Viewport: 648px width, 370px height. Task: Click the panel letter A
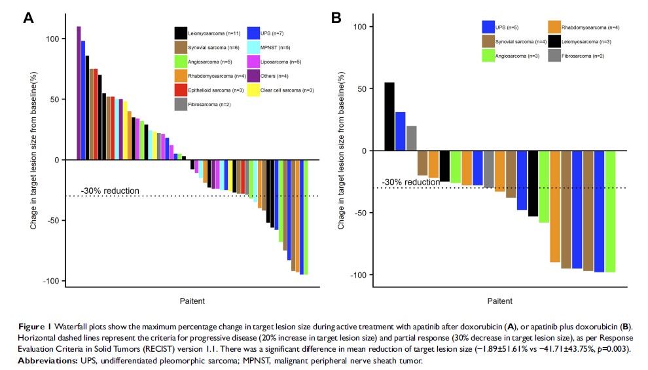point(28,18)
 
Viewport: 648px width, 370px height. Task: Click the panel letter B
point(336,18)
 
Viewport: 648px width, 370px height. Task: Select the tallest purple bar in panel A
point(79,93)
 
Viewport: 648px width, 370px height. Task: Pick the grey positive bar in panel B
point(412,138)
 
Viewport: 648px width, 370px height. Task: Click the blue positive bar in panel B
point(401,131)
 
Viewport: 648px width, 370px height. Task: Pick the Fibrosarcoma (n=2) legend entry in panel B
point(576,56)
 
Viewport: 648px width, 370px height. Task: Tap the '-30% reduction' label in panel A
point(110,191)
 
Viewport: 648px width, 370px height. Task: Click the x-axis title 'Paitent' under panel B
point(500,301)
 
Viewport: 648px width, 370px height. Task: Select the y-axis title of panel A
point(33,160)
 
